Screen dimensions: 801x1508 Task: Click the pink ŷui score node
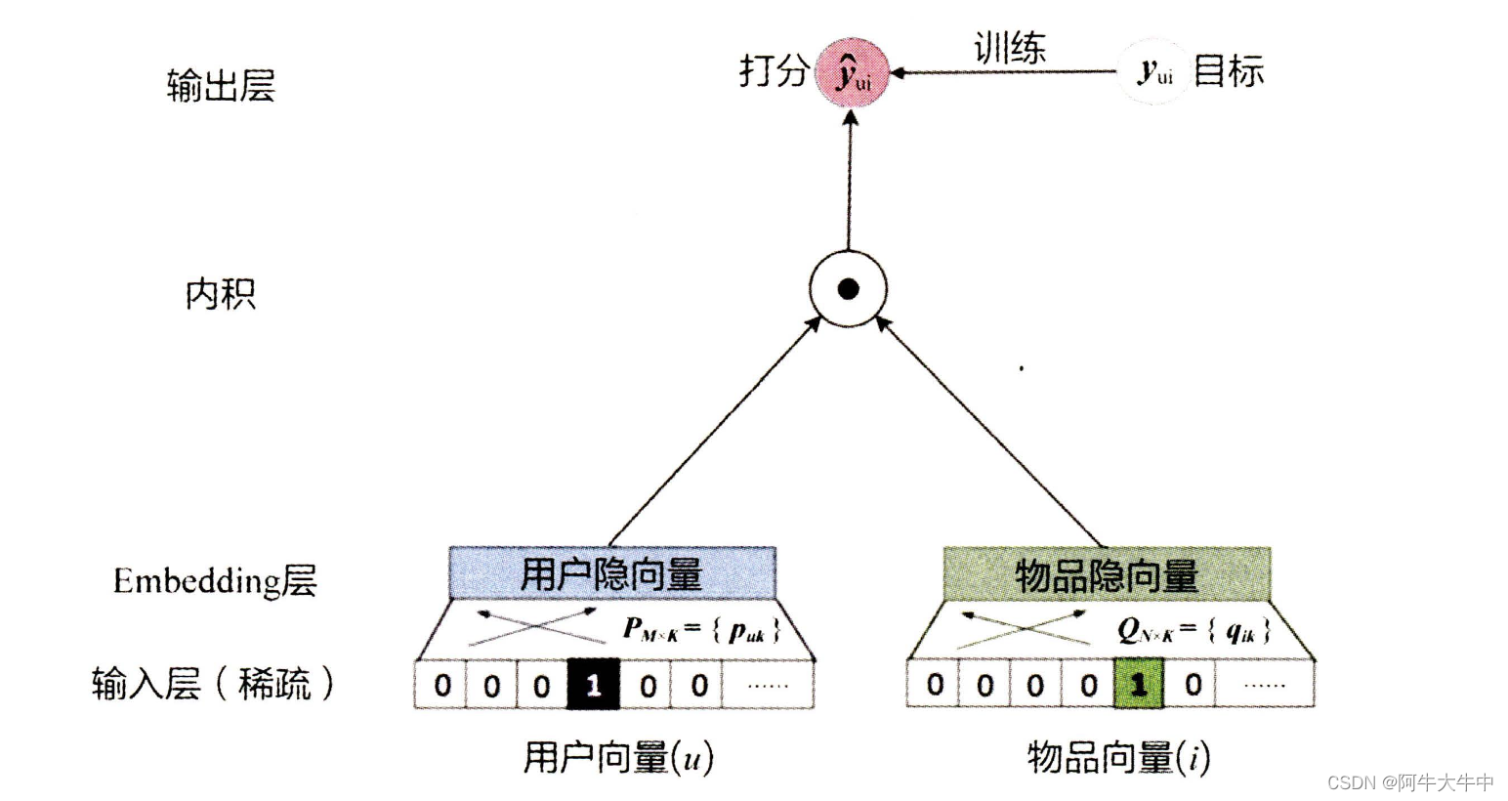tap(852, 71)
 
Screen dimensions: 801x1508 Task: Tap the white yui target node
tap(1154, 71)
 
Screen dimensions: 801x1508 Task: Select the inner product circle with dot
tap(848, 289)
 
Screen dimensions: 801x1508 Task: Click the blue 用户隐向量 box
tap(611, 573)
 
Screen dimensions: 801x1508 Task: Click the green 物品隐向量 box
tap(1107, 574)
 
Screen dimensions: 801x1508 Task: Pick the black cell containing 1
tap(593, 685)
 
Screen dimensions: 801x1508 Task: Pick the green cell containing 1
tap(1139, 684)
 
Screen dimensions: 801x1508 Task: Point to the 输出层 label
tap(221, 86)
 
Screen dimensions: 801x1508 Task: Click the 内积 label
tap(221, 293)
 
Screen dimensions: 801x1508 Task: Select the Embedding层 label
tap(215, 581)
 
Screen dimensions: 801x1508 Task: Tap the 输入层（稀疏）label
tap(213, 684)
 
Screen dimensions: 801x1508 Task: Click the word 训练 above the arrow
tap(1010, 48)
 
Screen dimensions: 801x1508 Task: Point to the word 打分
tap(774, 70)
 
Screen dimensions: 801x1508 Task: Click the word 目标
tap(1229, 71)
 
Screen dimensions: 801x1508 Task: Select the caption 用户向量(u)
tap(617, 757)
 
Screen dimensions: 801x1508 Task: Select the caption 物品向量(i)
tap(1118, 757)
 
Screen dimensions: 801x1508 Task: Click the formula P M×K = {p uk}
tap(701, 630)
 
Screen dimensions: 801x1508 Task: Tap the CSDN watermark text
tap(1410, 782)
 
